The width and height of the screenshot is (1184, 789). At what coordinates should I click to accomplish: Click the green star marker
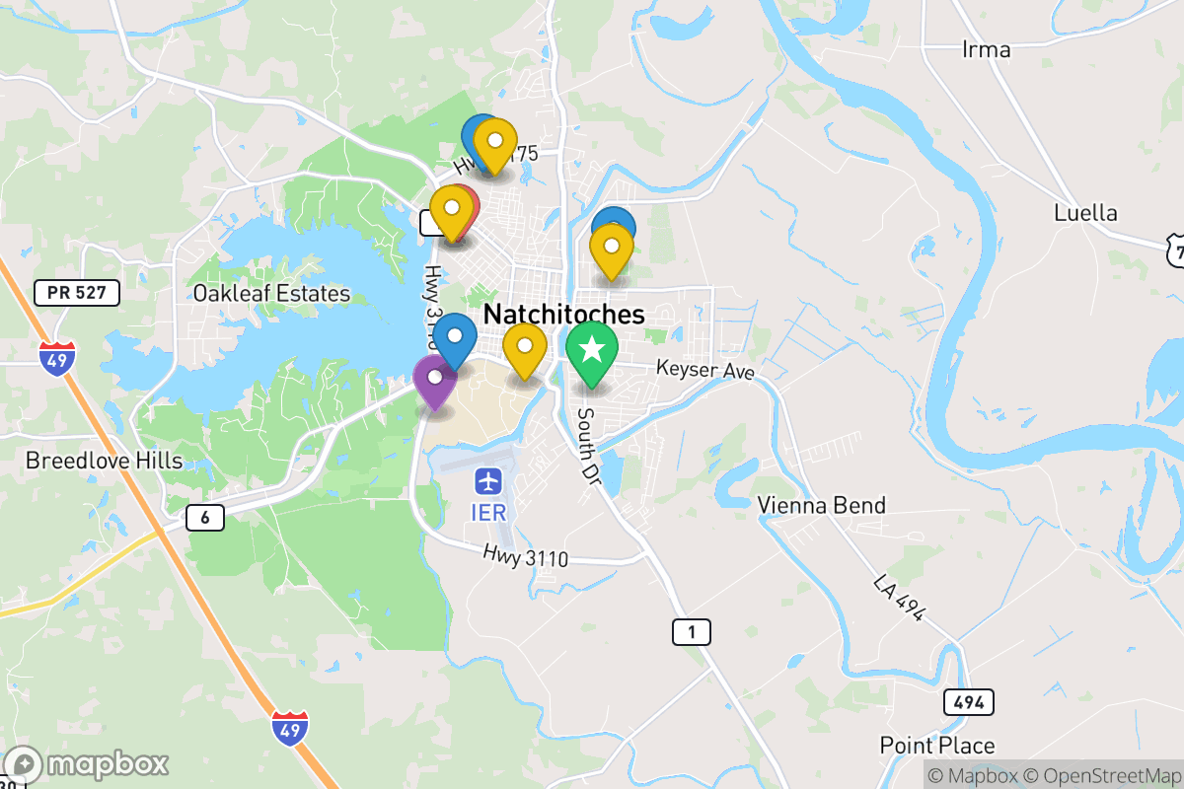coord(591,350)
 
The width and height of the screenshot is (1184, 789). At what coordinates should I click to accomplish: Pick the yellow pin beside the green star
coord(525,348)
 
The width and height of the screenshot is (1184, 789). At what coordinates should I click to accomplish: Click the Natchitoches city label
coord(563,315)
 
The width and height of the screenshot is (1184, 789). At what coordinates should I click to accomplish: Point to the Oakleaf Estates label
coord(271,294)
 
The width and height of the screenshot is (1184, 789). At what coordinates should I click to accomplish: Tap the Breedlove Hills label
coord(104,461)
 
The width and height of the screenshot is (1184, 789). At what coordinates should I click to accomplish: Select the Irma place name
coord(986,49)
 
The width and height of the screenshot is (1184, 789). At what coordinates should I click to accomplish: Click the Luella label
coord(1085,213)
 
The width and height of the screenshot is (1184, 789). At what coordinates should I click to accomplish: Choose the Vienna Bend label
coord(821,506)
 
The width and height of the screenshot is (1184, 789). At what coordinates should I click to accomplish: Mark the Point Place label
coord(937,746)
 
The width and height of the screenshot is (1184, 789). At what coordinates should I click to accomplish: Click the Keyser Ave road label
coord(705,371)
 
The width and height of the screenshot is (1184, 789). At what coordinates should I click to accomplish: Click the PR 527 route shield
coord(76,292)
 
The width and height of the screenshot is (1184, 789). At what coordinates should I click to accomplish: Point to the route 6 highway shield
coord(205,517)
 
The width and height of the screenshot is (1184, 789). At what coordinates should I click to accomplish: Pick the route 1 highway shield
coord(692,632)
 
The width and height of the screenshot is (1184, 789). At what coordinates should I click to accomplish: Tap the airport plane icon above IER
coord(488,482)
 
